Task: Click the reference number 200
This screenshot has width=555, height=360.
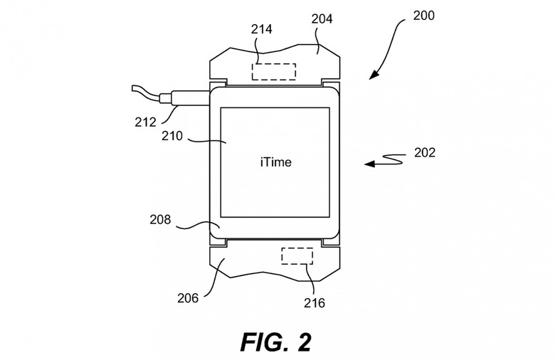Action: [423, 16]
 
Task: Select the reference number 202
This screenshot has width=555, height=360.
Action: [425, 152]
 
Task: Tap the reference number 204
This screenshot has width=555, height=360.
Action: [322, 18]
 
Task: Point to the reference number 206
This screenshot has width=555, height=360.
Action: [188, 298]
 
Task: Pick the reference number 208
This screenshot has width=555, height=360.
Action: [160, 220]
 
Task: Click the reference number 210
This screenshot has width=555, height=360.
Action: [172, 136]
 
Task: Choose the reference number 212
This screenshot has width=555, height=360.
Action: [145, 122]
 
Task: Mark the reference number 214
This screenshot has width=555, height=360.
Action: [262, 29]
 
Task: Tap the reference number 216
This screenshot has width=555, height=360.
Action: [314, 303]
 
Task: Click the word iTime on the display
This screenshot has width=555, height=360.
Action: [276, 162]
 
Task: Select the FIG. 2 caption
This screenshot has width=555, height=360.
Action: [276, 342]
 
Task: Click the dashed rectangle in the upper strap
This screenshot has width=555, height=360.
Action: [274, 72]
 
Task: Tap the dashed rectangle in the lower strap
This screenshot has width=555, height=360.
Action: [297, 256]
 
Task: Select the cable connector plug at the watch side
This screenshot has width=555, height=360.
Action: [184, 98]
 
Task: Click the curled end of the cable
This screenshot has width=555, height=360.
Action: [134, 88]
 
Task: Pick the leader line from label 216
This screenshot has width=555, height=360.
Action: [311, 280]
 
